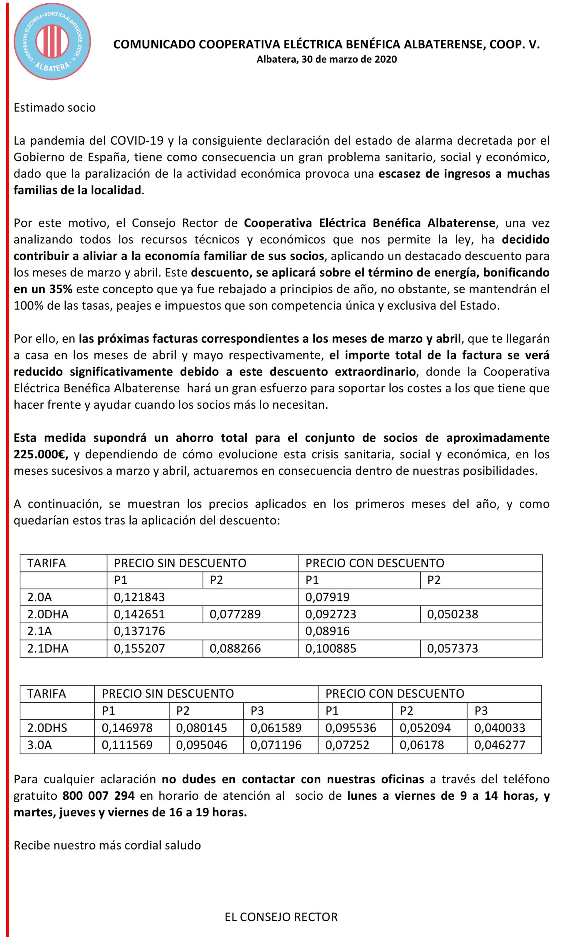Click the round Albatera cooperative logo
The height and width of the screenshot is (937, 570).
click(x=52, y=41)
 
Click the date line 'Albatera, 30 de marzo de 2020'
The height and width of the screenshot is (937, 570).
click(x=326, y=59)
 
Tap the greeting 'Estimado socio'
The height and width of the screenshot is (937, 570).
click(x=55, y=108)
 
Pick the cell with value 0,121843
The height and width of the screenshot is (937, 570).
click(x=139, y=597)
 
